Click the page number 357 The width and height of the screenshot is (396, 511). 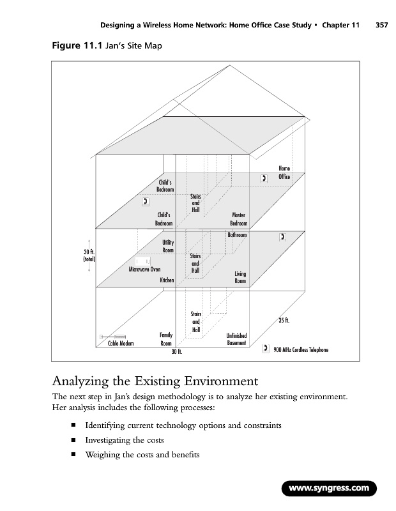pyautogui.click(x=382, y=26)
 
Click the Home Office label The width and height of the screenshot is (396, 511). pyautogui.click(x=284, y=172)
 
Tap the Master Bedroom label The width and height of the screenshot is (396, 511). pyautogui.click(x=238, y=219)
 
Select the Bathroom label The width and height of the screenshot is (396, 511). pyautogui.click(x=237, y=236)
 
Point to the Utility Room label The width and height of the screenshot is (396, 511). pyautogui.click(x=168, y=247)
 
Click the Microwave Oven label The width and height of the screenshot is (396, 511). pyautogui.click(x=144, y=270)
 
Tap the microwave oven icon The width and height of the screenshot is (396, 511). pyautogui.click(x=142, y=261)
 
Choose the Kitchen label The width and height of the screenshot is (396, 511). pyautogui.click(x=167, y=280)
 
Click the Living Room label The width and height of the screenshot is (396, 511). pyautogui.click(x=240, y=277)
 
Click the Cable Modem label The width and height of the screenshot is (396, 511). pyautogui.click(x=120, y=343)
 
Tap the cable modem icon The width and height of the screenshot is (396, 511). pyautogui.click(x=113, y=336)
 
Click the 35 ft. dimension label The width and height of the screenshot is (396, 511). pyautogui.click(x=285, y=320)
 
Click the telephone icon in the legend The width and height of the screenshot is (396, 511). pyautogui.click(x=266, y=349)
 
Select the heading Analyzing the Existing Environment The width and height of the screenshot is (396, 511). pyautogui.click(x=154, y=383)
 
